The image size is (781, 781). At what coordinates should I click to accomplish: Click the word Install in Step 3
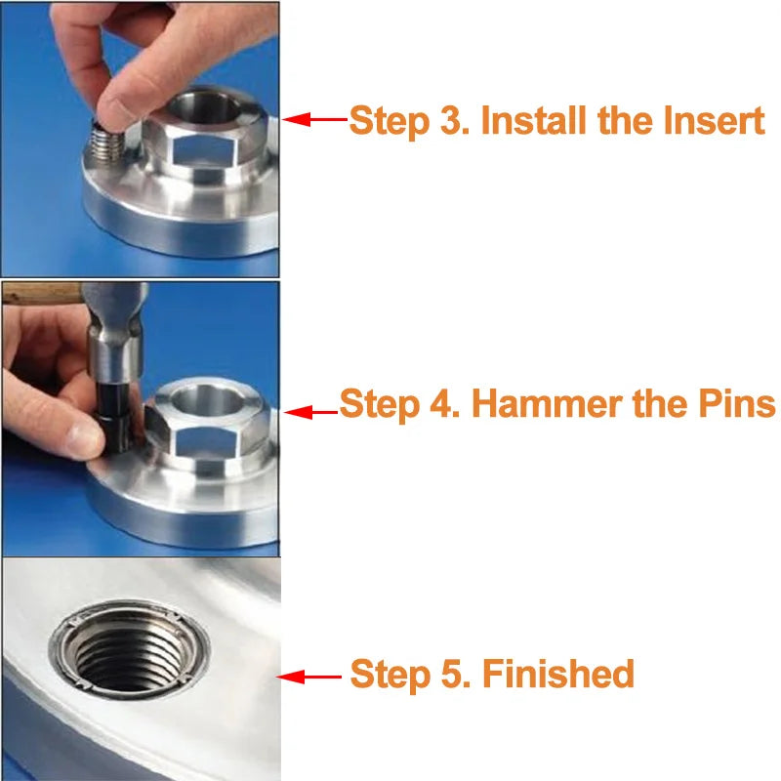pos(531,121)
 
